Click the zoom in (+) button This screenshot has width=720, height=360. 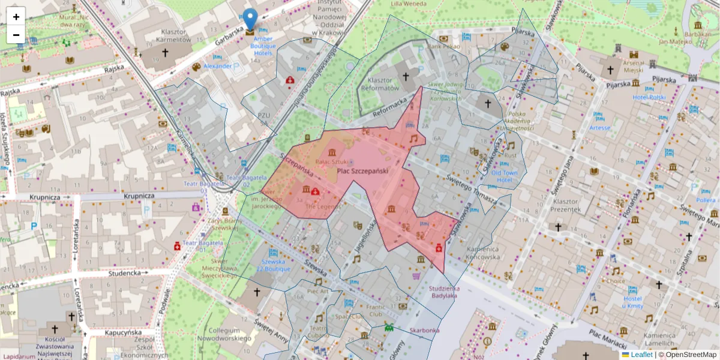(16, 17)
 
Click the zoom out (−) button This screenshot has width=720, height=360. (16, 35)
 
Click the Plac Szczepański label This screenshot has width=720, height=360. (362, 172)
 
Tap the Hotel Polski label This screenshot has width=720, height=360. (649, 98)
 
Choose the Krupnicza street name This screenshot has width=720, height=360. (139, 196)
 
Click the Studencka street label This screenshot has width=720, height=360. (124, 273)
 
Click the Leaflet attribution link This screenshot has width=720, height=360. (641, 355)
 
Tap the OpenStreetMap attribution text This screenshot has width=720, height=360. (690, 355)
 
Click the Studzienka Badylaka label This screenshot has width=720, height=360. (443, 292)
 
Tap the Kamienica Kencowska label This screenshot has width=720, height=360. (483, 253)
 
